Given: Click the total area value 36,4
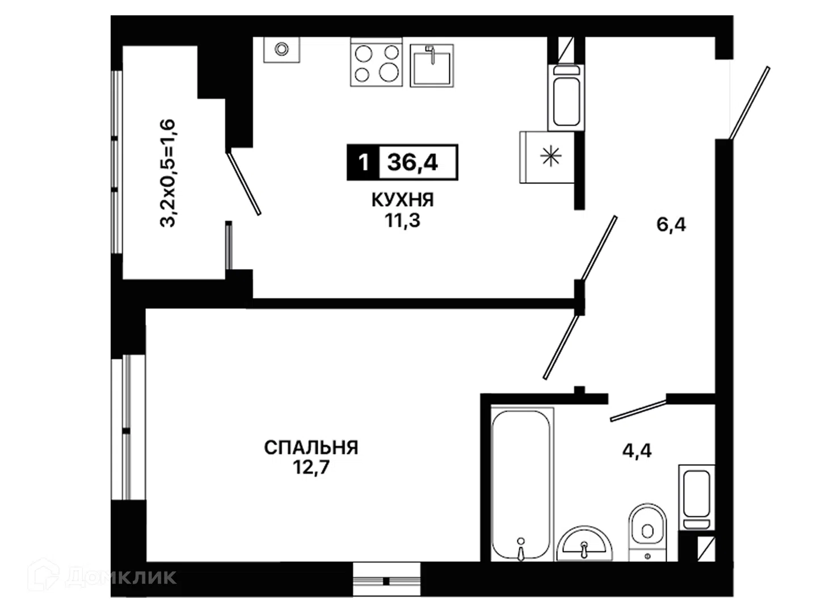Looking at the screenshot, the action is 412,162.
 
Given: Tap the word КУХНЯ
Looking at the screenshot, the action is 403,200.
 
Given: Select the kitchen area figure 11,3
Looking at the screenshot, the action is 402,220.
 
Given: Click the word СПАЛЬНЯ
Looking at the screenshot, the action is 311,447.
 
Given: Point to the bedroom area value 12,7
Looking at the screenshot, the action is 311,468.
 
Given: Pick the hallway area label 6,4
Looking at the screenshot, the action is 671,225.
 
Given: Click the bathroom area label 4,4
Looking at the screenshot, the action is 637,451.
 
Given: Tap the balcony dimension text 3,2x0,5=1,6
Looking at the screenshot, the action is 167,173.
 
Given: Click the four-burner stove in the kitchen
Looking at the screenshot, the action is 376,62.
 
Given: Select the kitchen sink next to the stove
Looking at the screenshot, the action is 432,66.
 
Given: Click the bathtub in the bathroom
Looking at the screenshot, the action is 522,484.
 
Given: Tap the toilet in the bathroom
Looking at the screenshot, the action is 647,532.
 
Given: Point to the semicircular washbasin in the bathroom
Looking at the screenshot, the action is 584,544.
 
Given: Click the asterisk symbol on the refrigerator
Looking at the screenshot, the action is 550,156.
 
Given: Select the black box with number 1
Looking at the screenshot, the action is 363,162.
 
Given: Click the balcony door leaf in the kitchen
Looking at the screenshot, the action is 243,183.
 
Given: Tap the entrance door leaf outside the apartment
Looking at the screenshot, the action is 749,103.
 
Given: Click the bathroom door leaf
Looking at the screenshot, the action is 638,410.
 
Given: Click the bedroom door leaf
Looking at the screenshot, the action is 561,347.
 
